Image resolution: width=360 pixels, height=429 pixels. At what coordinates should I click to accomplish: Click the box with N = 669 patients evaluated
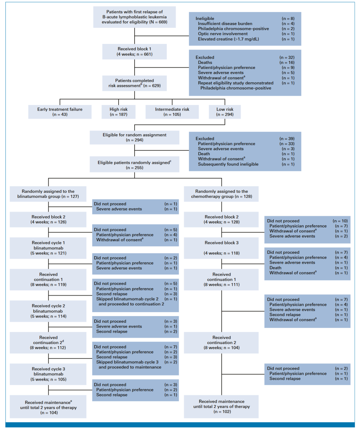pos(134,17)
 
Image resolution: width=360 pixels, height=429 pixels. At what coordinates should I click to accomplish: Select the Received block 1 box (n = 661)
pos(134,52)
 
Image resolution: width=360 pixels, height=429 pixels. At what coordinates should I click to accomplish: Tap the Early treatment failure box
pos(60,112)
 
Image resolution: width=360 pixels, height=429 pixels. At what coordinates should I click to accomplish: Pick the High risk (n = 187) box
pos(118,112)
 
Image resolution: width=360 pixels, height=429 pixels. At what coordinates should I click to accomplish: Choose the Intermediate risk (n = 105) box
pos(172,112)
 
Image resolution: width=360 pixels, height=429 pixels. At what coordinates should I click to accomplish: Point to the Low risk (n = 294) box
pos(225,112)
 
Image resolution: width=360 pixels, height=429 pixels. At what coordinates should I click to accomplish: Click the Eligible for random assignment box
pos(134,138)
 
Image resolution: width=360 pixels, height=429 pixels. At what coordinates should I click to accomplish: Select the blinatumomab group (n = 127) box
pos(48,194)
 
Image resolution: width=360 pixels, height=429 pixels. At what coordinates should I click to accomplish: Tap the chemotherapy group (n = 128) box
pos(221,194)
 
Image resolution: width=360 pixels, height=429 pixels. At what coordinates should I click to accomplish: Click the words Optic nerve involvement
pos(223,34)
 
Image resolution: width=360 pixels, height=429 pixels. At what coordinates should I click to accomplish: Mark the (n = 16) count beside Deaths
pos(287,63)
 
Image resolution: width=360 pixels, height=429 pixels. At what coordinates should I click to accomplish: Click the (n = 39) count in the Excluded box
pos(287,139)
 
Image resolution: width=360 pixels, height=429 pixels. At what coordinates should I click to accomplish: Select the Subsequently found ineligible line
pos(228,164)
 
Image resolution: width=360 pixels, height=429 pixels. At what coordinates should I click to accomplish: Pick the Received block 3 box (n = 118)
pos(221,248)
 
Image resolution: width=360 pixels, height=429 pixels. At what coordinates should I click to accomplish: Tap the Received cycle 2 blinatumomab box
pos(48,311)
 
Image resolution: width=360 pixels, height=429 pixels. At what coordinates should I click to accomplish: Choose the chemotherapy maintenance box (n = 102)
pos(221,407)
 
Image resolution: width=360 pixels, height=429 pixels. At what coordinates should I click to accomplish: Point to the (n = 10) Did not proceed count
pos(340,221)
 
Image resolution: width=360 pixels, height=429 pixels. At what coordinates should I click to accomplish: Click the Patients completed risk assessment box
pos(134,83)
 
